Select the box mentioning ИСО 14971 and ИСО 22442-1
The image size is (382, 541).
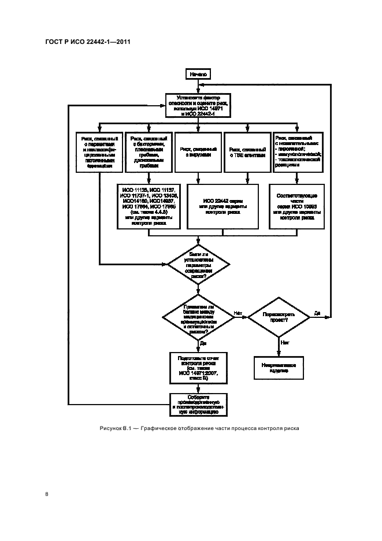pos(198,106)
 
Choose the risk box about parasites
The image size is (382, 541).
pos(99,152)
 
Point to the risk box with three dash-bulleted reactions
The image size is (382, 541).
pos(298,152)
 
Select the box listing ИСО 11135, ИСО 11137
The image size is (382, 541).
pos(149,207)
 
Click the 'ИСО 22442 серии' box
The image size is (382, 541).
pos(222,207)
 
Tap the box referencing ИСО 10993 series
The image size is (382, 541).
pos(298,207)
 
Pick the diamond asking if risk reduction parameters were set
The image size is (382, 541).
pos(198,264)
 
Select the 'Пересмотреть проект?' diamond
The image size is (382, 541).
pos(280,316)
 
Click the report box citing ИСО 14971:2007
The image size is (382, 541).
pos(198,368)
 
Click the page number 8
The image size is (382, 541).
pos(46,494)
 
